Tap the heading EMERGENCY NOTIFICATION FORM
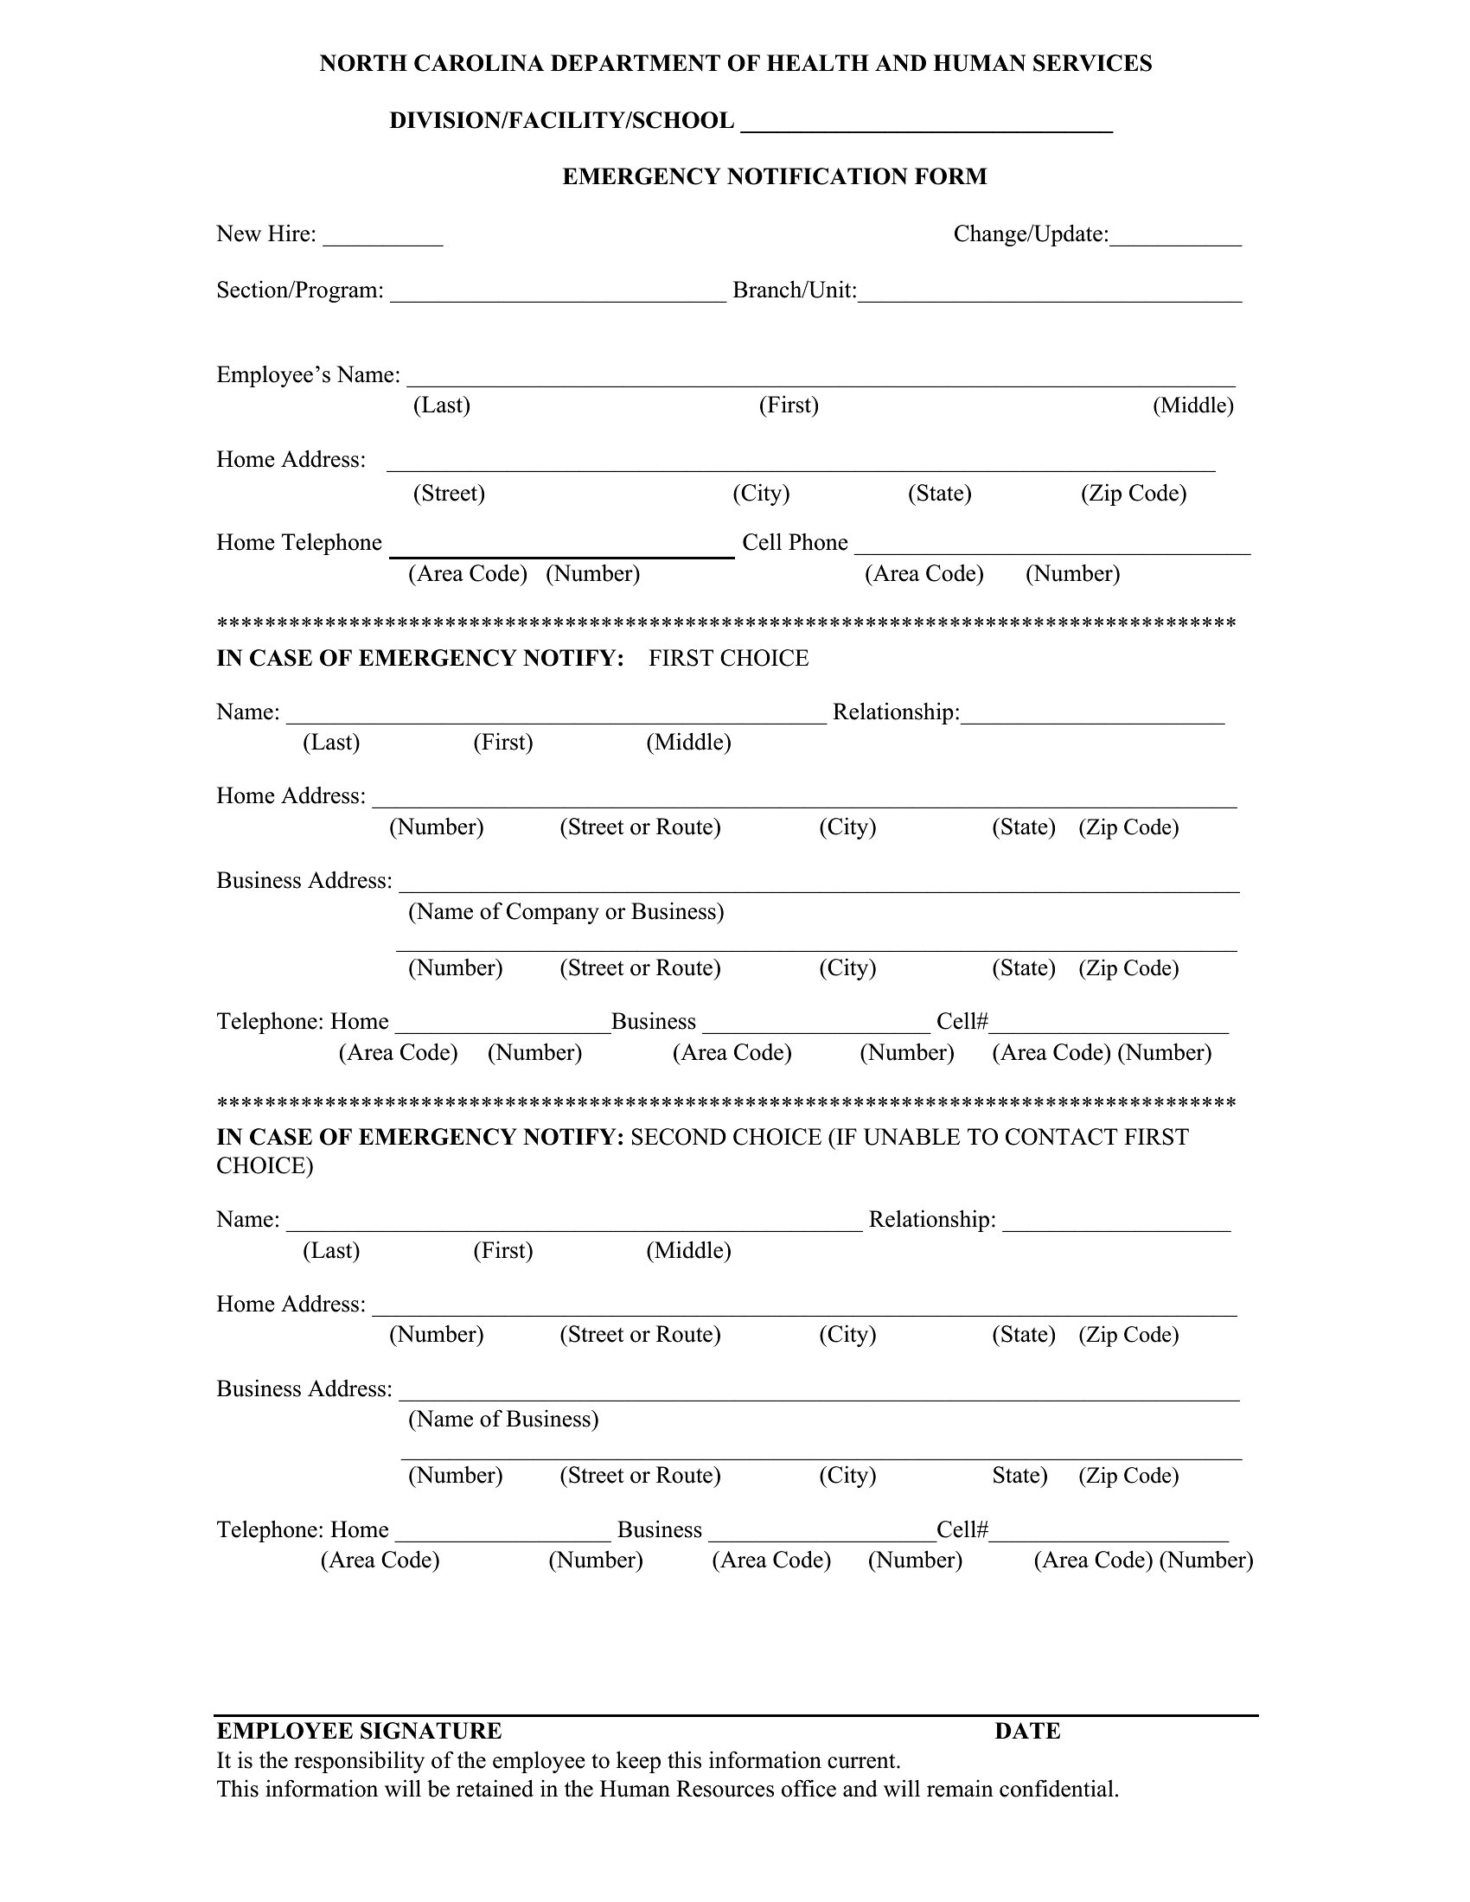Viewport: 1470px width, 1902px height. pos(774,176)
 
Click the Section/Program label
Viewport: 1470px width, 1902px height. pos(299,290)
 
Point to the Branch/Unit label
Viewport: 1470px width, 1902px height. pos(794,290)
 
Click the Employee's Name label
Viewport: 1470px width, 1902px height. pos(309,374)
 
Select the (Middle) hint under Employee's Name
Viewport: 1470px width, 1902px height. pos(1192,405)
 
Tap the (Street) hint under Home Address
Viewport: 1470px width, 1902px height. pos(449,493)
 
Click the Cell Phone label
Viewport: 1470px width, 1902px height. pos(794,543)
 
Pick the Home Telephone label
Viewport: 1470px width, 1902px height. pos(298,543)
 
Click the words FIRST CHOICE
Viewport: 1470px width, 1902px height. pos(728,659)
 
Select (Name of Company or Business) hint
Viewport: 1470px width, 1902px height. pos(566,912)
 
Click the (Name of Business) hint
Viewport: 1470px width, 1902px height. pos(503,1420)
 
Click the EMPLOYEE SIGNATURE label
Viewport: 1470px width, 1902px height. pos(359,1731)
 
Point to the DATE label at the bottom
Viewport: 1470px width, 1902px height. pos(1026,1731)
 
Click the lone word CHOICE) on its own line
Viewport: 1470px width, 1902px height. pos(265,1166)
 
